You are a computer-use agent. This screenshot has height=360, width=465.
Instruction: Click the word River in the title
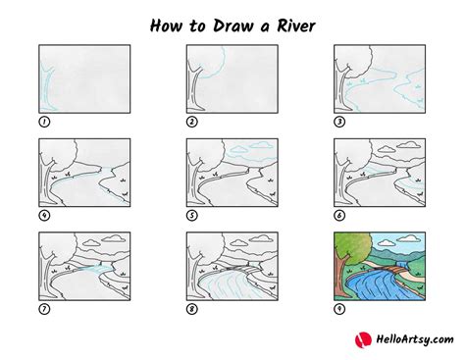296,26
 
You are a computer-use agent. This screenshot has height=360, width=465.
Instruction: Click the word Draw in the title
233,26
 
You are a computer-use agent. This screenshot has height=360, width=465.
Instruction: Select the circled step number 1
44,122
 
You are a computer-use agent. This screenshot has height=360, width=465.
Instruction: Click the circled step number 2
192,122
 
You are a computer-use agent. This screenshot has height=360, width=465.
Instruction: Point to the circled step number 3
339,122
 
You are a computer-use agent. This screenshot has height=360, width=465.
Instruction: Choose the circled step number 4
44,216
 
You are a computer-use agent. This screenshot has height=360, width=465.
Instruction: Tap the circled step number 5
192,216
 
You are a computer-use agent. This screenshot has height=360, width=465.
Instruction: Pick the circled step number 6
339,216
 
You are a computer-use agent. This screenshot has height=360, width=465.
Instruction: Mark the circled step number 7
44,309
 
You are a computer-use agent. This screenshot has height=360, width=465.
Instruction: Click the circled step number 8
192,309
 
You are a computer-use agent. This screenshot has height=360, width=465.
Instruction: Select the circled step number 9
339,309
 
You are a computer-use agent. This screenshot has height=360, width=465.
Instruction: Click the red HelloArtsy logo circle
363,340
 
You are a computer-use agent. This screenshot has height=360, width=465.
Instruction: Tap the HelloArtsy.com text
415,339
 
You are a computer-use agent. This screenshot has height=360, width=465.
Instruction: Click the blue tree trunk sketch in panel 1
47,88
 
